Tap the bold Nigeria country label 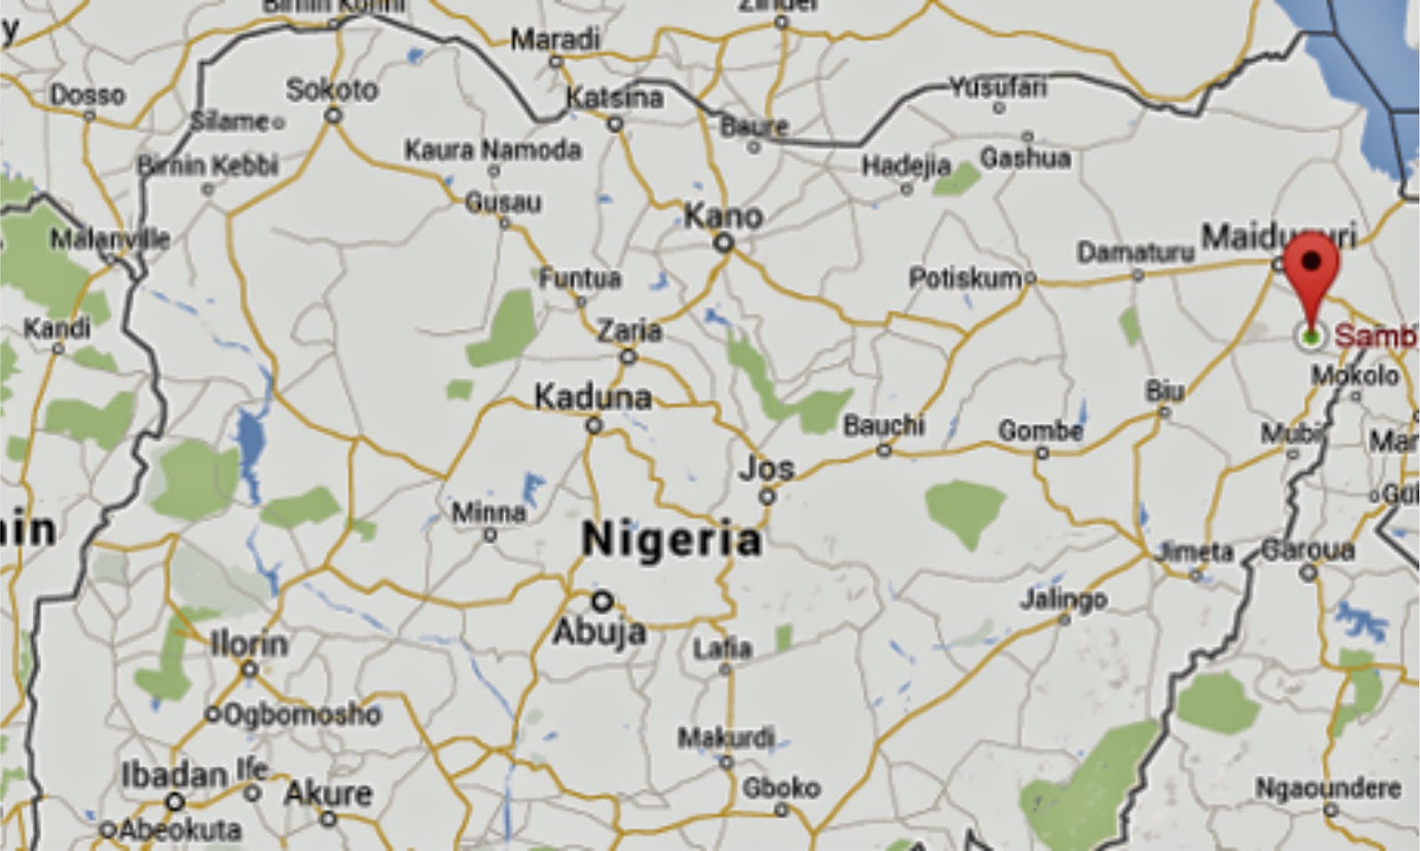671,540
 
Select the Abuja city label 599,632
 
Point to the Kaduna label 592,397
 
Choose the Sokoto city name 332,90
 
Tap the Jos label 767,468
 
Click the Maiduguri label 1278,237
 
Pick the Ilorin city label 248,643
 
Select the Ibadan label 174,776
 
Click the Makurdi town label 726,737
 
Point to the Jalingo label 1063,599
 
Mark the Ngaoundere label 1328,786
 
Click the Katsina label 614,97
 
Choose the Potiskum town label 965,279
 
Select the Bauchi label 883,425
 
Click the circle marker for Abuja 603,601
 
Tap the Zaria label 628,331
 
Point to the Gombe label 1040,431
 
